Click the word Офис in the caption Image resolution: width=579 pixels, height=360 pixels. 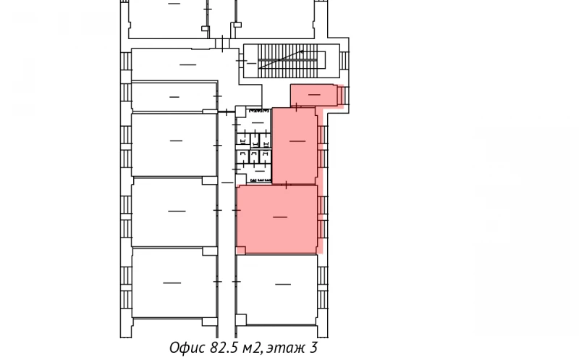(x=185, y=348)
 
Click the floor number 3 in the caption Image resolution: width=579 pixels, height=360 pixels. (x=314, y=348)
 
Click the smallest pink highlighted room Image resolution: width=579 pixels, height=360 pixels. (x=314, y=95)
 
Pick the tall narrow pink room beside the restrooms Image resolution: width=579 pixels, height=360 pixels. (x=294, y=145)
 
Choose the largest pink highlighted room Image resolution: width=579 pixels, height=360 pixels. (x=277, y=219)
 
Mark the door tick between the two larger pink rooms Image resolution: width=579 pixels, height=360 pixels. (x=287, y=185)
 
